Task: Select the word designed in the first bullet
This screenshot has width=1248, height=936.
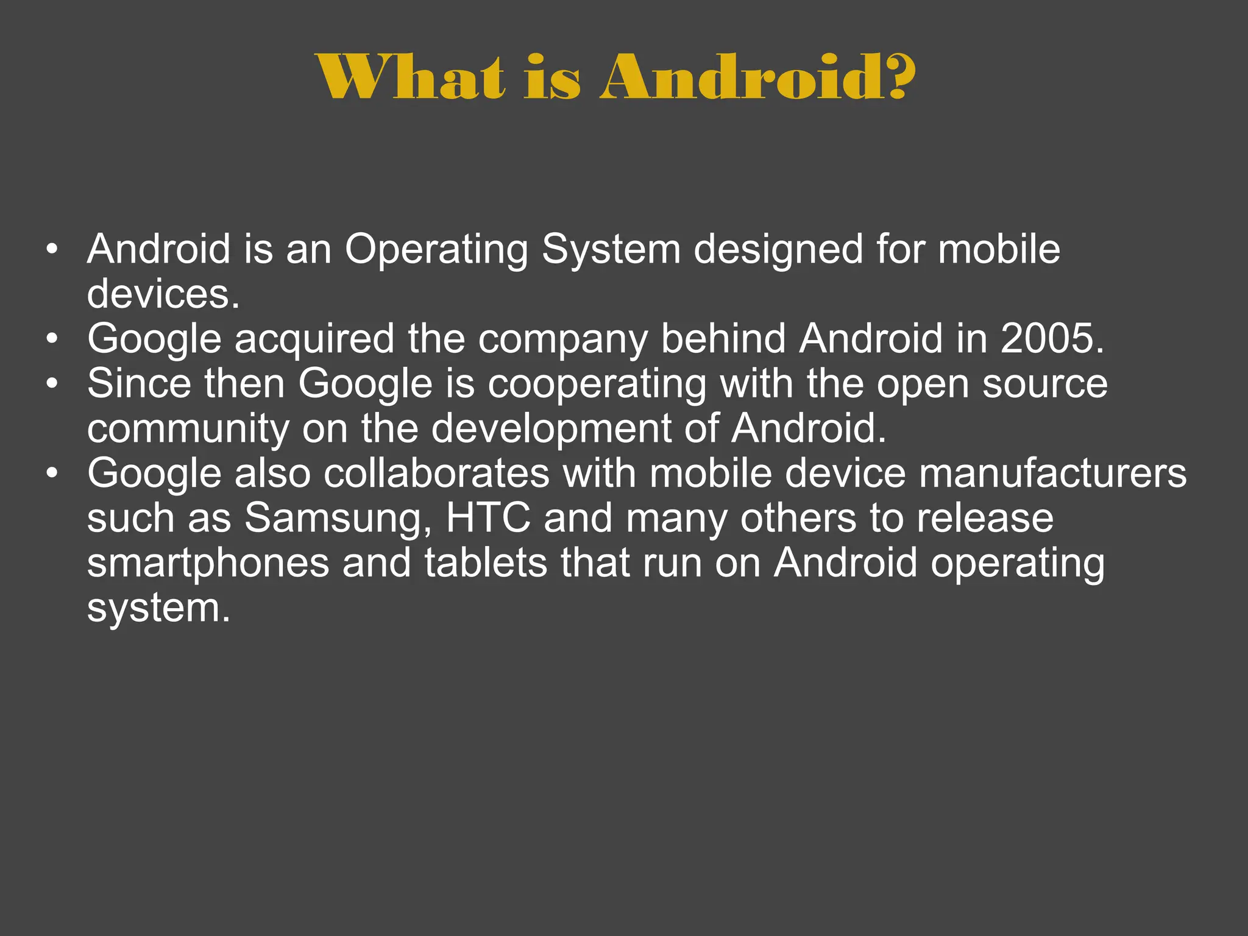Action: pyautogui.click(x=778, y=250)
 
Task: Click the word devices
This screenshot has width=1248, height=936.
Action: pyautogui.click(x=163, y=295)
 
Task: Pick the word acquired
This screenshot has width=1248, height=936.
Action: pyautogui.click(x=314, y=339)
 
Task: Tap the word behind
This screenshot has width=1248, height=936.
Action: pyautogui.click(x=723, y=339)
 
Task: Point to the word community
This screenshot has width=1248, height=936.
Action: pyautogui.click(x=188, y=429)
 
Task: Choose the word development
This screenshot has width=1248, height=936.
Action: pyautogui.click(x=551, y=429)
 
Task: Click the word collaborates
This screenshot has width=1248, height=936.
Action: pyautogui.click(x=437, y=473)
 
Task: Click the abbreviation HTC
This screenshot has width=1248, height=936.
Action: pyautogui.click(x=488, y=518)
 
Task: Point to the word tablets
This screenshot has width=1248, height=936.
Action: pyautogui.click(x=486, y=562)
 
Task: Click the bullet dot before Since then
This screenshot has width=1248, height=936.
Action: pyautogui.click(x=53, y=384)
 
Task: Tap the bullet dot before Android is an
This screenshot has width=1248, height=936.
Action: pyautogui.click(x=53, y=250)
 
